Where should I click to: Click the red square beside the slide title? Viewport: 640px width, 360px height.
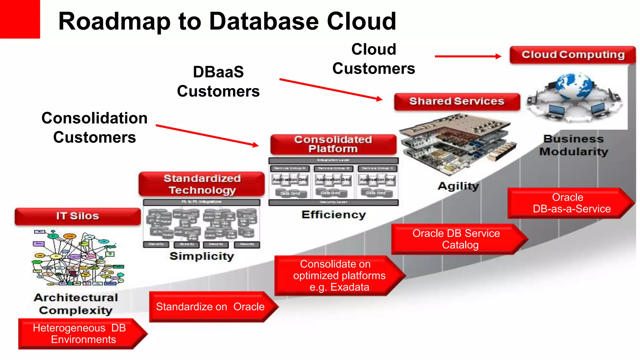[20, 19]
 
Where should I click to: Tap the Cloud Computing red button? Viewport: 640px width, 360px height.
[572, 55]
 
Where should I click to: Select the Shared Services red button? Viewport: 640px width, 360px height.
[457, 102]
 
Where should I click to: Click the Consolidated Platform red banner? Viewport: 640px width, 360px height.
[333, 144]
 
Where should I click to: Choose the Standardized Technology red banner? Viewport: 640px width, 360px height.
[202, 184]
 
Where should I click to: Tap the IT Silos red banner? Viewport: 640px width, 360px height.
[77, 216]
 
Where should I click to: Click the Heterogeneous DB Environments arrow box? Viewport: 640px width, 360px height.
[80, 334]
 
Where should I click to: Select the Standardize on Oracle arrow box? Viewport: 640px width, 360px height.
[210, 307]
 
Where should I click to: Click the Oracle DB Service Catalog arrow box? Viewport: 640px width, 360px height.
[456, 239]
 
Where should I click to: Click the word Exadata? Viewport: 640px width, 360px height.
[350, 287]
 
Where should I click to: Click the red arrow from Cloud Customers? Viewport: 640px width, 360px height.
[468, 56]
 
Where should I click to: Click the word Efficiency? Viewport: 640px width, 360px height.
[333, 215]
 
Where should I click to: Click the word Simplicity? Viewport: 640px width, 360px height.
[202, 256]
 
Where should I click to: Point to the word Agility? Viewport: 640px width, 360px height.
[458, 186]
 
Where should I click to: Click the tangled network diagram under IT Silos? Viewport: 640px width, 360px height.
[78, 258]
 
